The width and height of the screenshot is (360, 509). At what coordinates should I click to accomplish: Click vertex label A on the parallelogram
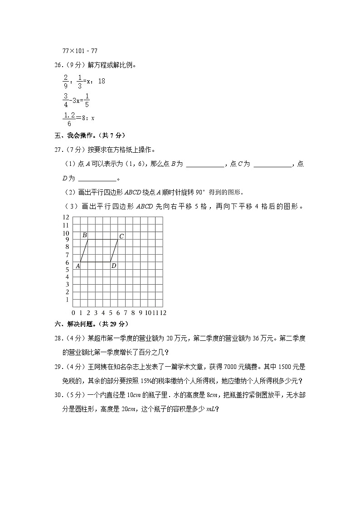[78, 266]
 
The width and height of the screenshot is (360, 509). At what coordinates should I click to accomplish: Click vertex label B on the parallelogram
[84, 235]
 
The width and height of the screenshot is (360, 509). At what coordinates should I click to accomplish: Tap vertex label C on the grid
[122, 236]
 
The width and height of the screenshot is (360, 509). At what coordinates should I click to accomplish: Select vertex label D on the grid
[113, 266]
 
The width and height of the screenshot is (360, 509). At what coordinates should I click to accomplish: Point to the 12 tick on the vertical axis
[66, 218]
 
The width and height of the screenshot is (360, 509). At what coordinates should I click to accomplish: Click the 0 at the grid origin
[73, 313]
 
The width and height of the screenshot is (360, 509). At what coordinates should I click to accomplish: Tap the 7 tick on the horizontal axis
[126, 313]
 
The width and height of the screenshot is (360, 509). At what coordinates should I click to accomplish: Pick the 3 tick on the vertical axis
[67, 285]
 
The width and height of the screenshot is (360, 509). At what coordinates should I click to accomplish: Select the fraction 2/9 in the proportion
[66, 81]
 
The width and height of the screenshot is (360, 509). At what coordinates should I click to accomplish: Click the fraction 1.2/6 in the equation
[69, 118]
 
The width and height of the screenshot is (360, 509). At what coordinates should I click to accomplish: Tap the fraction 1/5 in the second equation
[87, 99]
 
